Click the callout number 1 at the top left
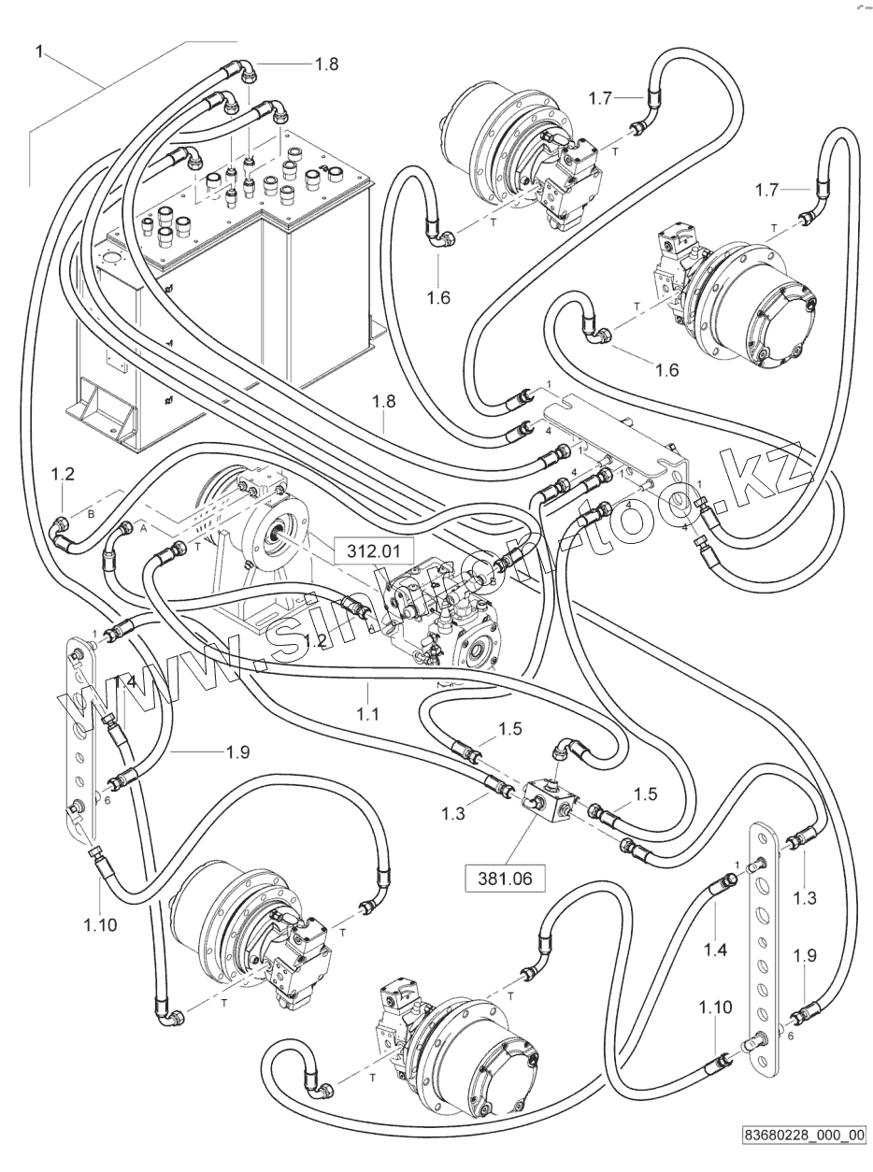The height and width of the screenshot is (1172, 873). click(38, 50)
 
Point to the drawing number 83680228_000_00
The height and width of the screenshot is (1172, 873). click(803, 1137)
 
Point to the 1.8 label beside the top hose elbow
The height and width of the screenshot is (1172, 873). click(326, 64)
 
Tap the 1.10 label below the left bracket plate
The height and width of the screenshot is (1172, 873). click(101, 925)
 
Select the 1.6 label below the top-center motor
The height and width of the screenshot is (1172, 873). click(438, 298)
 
